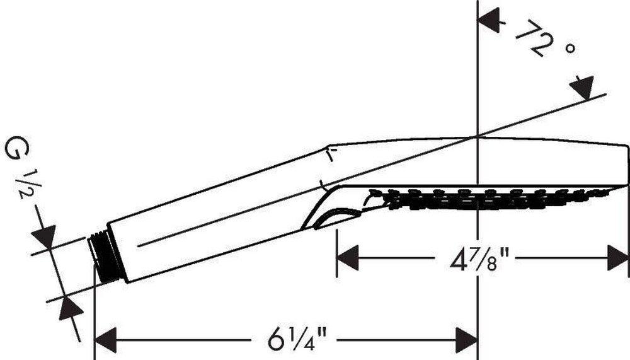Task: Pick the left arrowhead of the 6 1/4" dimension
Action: (105, 340)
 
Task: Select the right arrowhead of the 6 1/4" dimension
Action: (466, 340)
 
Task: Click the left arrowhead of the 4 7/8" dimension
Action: (347, 258)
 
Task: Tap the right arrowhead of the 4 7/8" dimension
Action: (618, 258)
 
